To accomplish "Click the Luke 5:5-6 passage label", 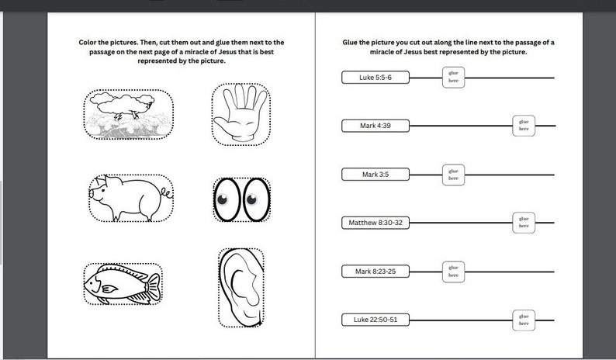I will click(x=375, y=78).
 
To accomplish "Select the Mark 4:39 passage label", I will click(x=375, y=126).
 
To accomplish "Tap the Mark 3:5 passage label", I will click(x=375, y=175).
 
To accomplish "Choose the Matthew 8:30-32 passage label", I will click(x=375, y=223).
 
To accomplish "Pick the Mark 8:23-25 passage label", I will click(x=375, y=272).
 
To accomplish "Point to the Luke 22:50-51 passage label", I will click(x=375, y=320).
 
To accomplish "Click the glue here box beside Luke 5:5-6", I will click(x=453, y=77).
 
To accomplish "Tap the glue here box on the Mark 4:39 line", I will click(x=524, y=125).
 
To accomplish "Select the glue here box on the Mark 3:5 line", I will click(x=453, y=174).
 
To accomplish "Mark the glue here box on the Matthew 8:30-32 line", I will click(x=524, y=223).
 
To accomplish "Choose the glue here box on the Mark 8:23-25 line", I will click(x=453, y=271).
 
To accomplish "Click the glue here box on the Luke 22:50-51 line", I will click(x=524, y=319).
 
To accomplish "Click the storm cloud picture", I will click(x=128, y=113).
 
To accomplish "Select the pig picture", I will click(x=130, y=197).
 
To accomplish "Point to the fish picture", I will click(x=123, y=284).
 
